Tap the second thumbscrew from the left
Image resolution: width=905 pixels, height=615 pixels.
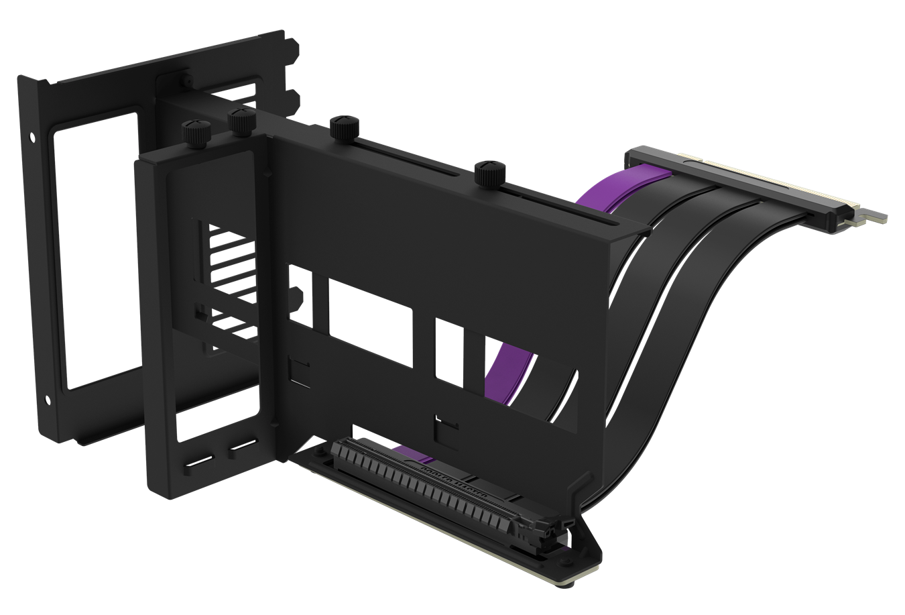[239, 121]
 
